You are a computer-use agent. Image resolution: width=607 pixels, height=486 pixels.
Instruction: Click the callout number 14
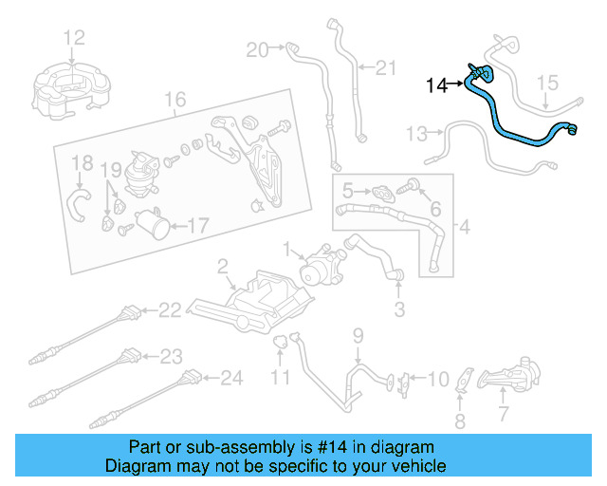pyautogui.click(x=436, y=85)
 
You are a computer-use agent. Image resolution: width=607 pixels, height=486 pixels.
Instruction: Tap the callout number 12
pyautogui.click(x=74, y=38)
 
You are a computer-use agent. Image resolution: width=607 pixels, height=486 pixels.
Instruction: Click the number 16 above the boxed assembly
pyautogui.click(x=174, y=100)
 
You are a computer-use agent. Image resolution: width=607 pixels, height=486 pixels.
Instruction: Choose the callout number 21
pyautogui.click(x=384, y=67)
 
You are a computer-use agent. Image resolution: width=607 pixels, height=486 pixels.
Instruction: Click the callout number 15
pyautogui.click(x=549, y=84)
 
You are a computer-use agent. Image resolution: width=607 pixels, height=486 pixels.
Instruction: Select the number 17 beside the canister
pyautogui.click(x=196, y=226)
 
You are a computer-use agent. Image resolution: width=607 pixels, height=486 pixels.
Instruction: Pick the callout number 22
pyautogui.click(x=169, y=309)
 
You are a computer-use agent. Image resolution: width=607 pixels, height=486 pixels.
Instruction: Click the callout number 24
pyautogui.click(x=232, y=379)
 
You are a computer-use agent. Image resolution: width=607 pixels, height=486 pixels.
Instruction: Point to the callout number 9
pyautogui.click(x=359, y=334)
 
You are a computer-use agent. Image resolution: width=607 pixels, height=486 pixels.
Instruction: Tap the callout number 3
pyautogui.click(x=399, y=308)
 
